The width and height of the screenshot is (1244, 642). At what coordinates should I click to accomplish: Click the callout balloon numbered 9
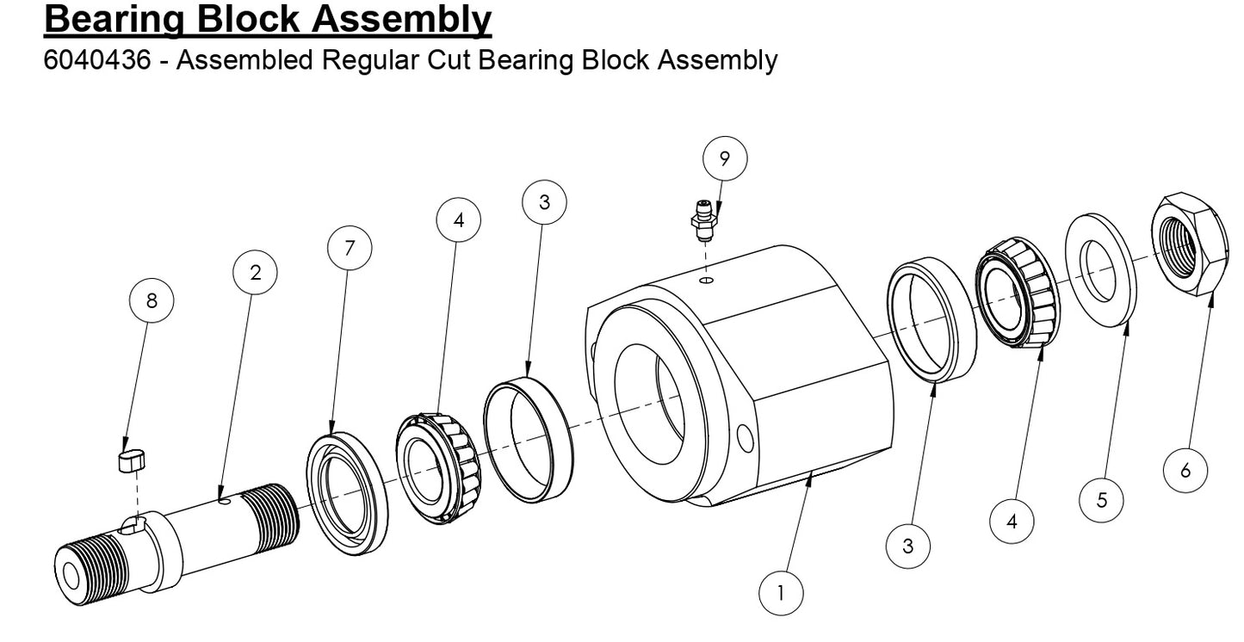coord(724,158)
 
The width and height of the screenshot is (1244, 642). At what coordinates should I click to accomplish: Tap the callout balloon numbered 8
coord(152,301)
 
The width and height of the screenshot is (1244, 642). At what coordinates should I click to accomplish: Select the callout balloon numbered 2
coord(255,274)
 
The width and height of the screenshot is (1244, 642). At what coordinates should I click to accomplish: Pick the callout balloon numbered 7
coord(350,248)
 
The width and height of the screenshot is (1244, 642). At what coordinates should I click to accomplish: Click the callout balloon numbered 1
coord(780,592)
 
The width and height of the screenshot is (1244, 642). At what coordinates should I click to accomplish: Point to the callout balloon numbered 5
coord(1101,499)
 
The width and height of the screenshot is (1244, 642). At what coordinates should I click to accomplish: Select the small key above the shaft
coord(130,460)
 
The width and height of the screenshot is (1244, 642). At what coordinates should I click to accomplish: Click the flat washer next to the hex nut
coord(1101,269)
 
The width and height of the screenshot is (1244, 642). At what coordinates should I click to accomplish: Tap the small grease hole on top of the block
coord(706,280)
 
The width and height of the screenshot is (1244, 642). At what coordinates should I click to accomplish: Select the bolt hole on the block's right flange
coord(746,441)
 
